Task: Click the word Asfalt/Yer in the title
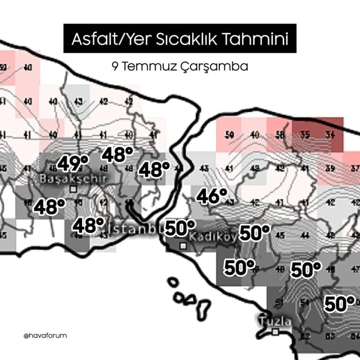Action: click(111, 39)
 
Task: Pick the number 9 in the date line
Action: click(115, 67)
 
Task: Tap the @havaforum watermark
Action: click(45, 336)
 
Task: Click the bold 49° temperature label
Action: click(73, 163)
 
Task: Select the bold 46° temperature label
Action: click(212, 196)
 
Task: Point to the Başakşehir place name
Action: click(73, 178)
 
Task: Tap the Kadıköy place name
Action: click(212, 237)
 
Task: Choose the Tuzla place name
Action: click(275, 321)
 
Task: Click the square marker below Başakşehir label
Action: click(73, 189)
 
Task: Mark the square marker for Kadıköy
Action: click(183, 246)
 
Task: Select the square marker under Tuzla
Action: click(276, 332)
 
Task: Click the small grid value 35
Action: click(305, 135)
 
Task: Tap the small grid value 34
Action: click(330, 135)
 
